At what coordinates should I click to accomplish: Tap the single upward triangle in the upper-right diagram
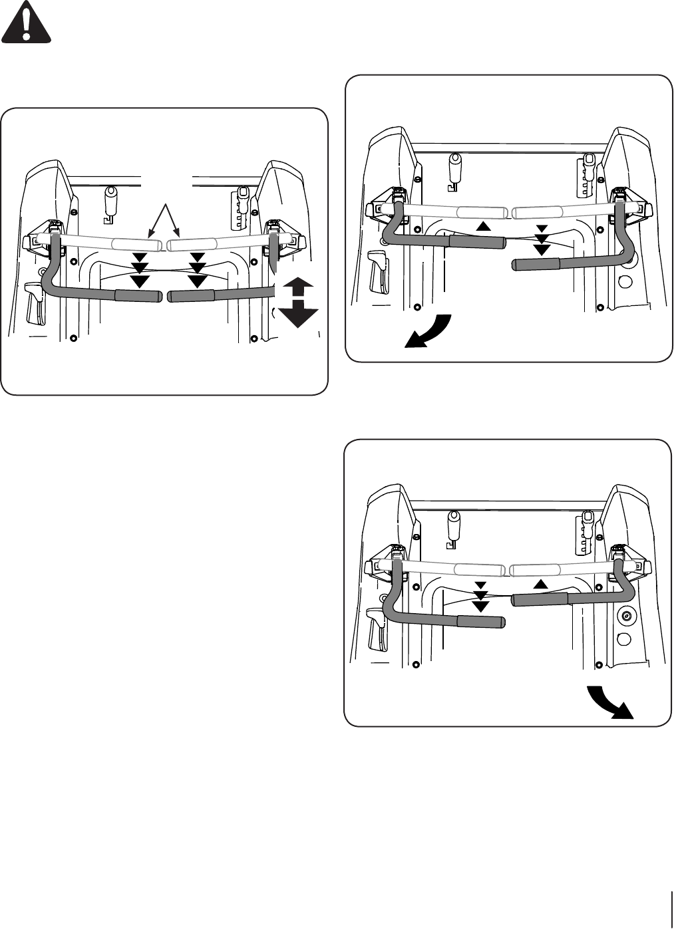pyautogui.click(x=484, y=226)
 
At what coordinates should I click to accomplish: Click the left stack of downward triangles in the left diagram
pyautogui.click(x=139, y=269)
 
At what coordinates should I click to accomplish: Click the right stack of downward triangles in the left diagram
pyautogui.click(x=197, y=269)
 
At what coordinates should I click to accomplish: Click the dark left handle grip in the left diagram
pyautogui.click(x=138, y=296)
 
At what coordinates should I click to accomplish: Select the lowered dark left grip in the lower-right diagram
pyautogui.click(x=480, y=622)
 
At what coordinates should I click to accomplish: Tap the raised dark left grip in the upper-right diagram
pyautogui.click(x=475, y=241)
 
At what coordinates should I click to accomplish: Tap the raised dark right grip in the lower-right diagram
pyautogui.click(x=539, y=599)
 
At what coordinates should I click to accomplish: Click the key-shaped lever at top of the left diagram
pyautogui.click(x=111, y=202)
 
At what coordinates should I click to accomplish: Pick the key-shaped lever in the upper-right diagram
pyautogui.click(x=456, y=169)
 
